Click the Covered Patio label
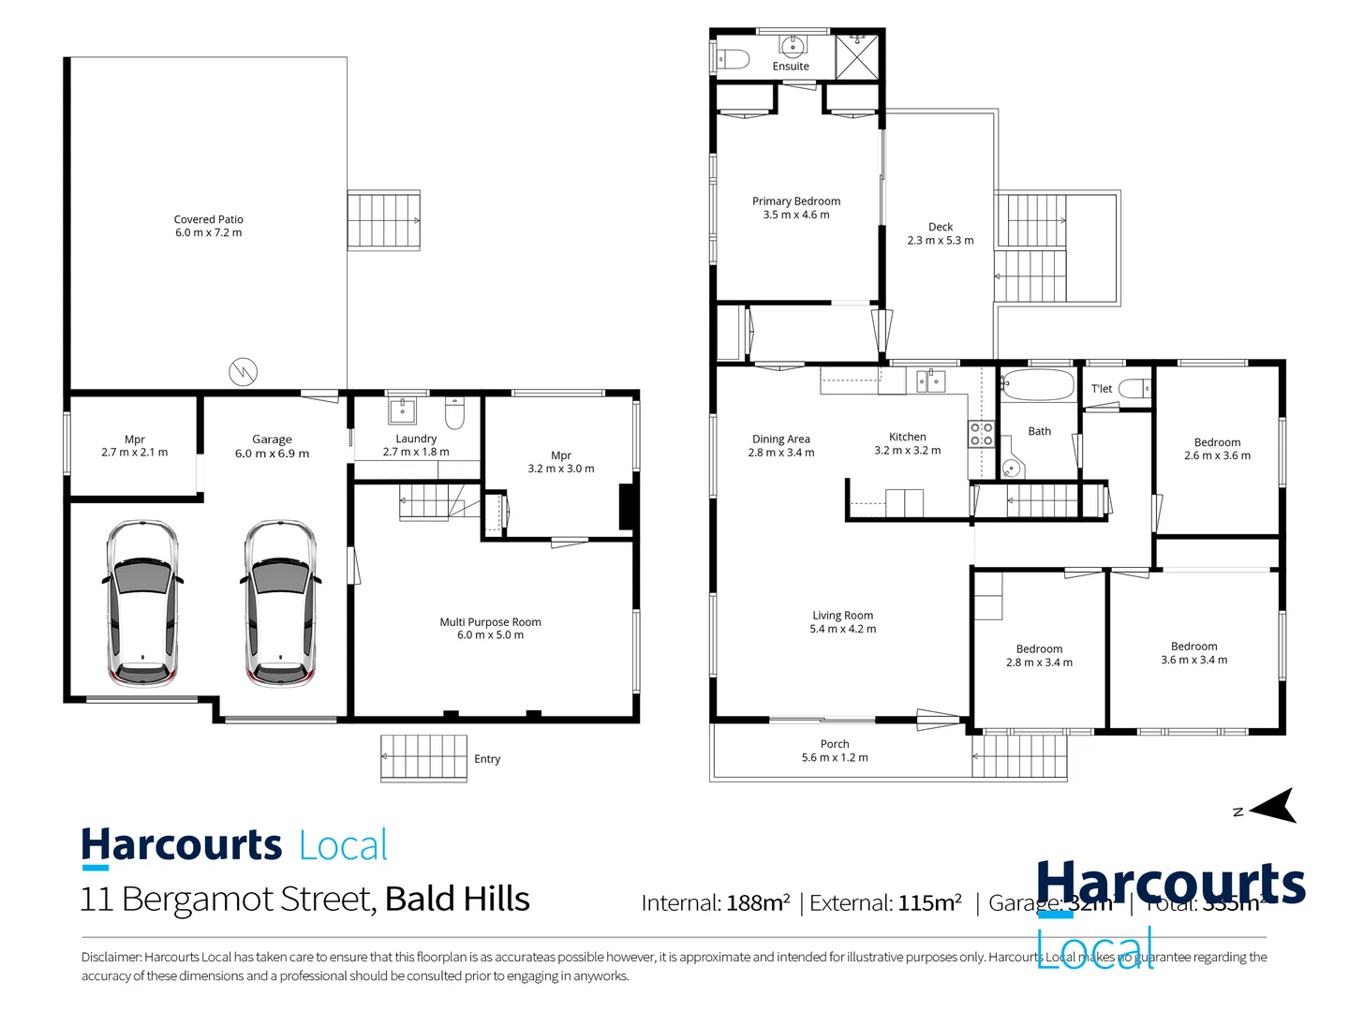(208, 220)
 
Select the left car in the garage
(141, 603)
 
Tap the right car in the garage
(280, 603)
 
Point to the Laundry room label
(416, 439)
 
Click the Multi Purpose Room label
(490, 622)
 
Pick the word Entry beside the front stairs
(487, 759)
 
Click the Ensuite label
(791, 67)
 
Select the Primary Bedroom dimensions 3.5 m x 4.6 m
(796, 215)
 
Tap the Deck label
(941, 227)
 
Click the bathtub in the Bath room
(1038, 385)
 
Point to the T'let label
(1102, 389)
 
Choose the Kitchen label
(907, 437)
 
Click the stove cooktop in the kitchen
(981, 434)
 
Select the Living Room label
(842, 616)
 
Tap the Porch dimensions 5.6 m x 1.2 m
(835, 758)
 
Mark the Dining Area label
(780, 439)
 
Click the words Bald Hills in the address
(457, 900)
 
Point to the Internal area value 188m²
(758, 903)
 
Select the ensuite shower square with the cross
(856, 57)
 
